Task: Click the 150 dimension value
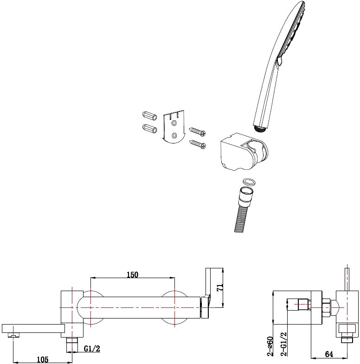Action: [132, 275]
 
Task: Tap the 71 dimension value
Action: [220, 287]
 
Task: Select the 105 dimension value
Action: [43, 359]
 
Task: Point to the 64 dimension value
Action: [329, 354]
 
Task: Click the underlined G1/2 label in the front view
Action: [92, 348]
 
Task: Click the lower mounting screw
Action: [198, 144]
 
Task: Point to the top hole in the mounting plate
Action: [174, 123]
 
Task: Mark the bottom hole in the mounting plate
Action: [174, 135]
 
